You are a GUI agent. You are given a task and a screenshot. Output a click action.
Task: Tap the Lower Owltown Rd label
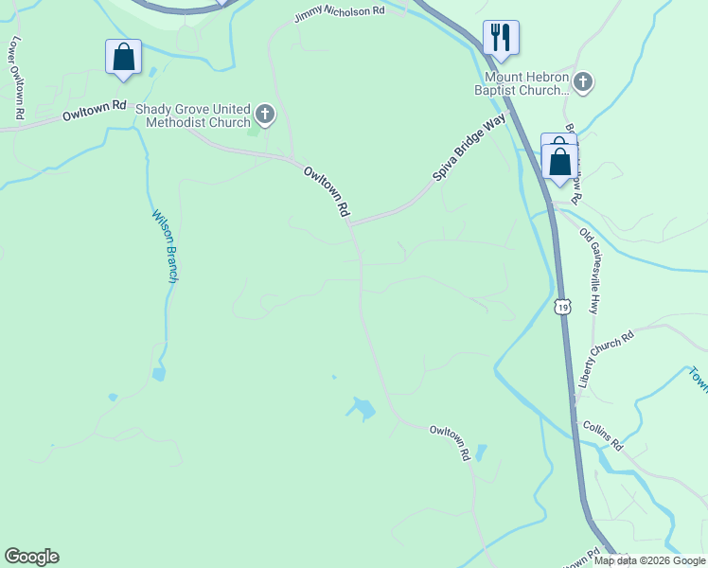(x=14, y=79)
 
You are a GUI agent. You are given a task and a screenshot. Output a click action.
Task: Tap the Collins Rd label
(x=603, y=436)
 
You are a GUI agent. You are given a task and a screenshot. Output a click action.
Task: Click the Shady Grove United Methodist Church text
(x=193, y=115)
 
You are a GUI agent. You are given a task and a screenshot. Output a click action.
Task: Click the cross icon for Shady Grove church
(x=264, y=116)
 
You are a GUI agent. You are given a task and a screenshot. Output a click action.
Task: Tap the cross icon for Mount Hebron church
(x=582, y=82)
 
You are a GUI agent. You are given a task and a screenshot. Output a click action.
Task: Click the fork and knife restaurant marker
(x=499, y=38)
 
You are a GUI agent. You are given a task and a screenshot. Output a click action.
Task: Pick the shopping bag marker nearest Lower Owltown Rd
(x=123, y=57)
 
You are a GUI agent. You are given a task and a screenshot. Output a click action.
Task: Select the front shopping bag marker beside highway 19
(x=560, y=163)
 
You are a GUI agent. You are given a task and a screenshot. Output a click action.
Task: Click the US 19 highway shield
(x=563, y=307)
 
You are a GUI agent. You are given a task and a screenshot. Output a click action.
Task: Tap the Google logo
(x=31, y=557)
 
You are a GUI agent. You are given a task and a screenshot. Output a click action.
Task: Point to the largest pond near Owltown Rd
(x=361, y=409)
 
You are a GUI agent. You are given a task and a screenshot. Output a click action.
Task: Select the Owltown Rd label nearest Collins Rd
(x=450, y=442)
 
